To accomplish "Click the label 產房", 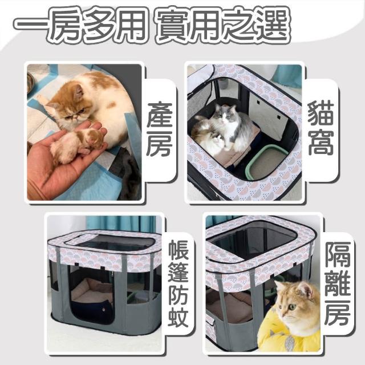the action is click(160, 129).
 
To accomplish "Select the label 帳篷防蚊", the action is click(178, 284).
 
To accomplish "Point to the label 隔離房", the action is click(338, 283).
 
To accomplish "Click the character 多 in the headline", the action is click(98, 25).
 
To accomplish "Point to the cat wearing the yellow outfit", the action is click(291, 316).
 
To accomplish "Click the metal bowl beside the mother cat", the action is click(31, 83).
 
